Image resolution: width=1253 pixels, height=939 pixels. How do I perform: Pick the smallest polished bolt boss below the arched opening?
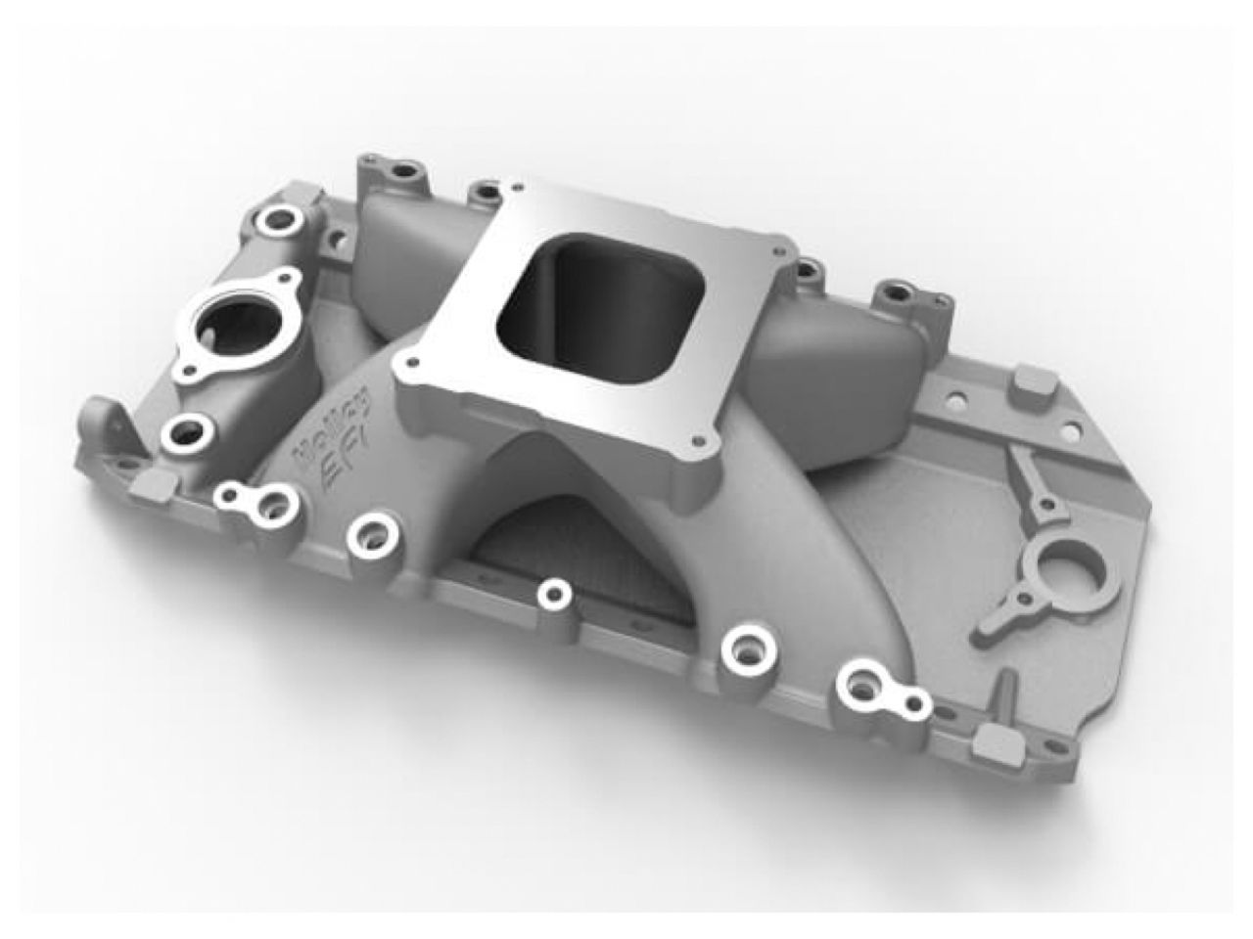[554, 592]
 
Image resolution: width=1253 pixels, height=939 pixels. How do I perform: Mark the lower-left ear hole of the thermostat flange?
[185, 372]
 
